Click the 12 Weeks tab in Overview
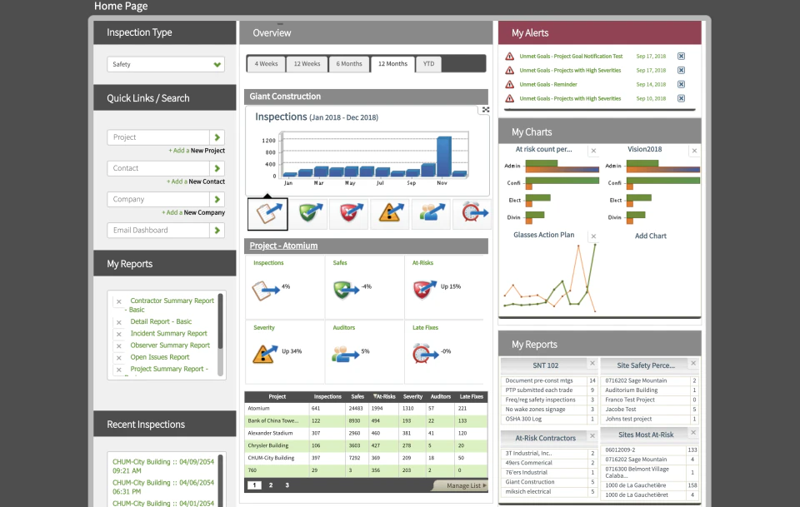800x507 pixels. tap(307, 64)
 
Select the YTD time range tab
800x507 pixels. tap(428, 64)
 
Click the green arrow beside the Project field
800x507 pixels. tap(217, 137)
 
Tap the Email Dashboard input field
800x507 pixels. tap(158, 230)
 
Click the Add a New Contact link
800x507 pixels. tap(197, 181)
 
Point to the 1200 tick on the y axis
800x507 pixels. tap(268, 141)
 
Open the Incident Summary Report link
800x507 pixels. tap(169, 334)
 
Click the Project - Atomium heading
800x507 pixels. tap(283, 246)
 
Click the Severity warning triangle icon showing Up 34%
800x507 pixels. tap(265, 352)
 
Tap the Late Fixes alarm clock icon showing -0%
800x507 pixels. tap(424, 352)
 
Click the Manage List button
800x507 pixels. tap(461, 485)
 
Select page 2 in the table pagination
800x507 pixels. tap(271, 485)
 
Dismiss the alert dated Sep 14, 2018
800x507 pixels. tap(681, 84)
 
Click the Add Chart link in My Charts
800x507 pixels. tap(651, 236)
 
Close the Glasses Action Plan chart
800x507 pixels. tap(593, 236)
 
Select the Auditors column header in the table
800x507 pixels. tap(441, 397)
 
